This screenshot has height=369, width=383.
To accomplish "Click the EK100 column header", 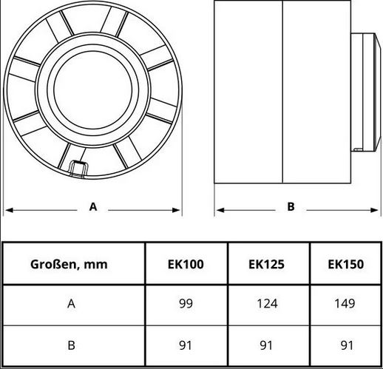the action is (186, 264).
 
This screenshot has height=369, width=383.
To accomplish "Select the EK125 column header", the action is (266, 264).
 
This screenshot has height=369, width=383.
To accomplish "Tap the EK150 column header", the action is (346, 264).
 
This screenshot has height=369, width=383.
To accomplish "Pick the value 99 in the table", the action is (186, 303).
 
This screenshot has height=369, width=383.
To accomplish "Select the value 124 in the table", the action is (267, 303).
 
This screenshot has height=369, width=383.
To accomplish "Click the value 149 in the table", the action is (345, 303).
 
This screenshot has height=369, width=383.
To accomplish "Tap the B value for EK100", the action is (186, 345).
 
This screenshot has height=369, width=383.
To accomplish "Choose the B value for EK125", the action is (266, 345).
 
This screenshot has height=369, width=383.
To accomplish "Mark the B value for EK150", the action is (347, 345).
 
